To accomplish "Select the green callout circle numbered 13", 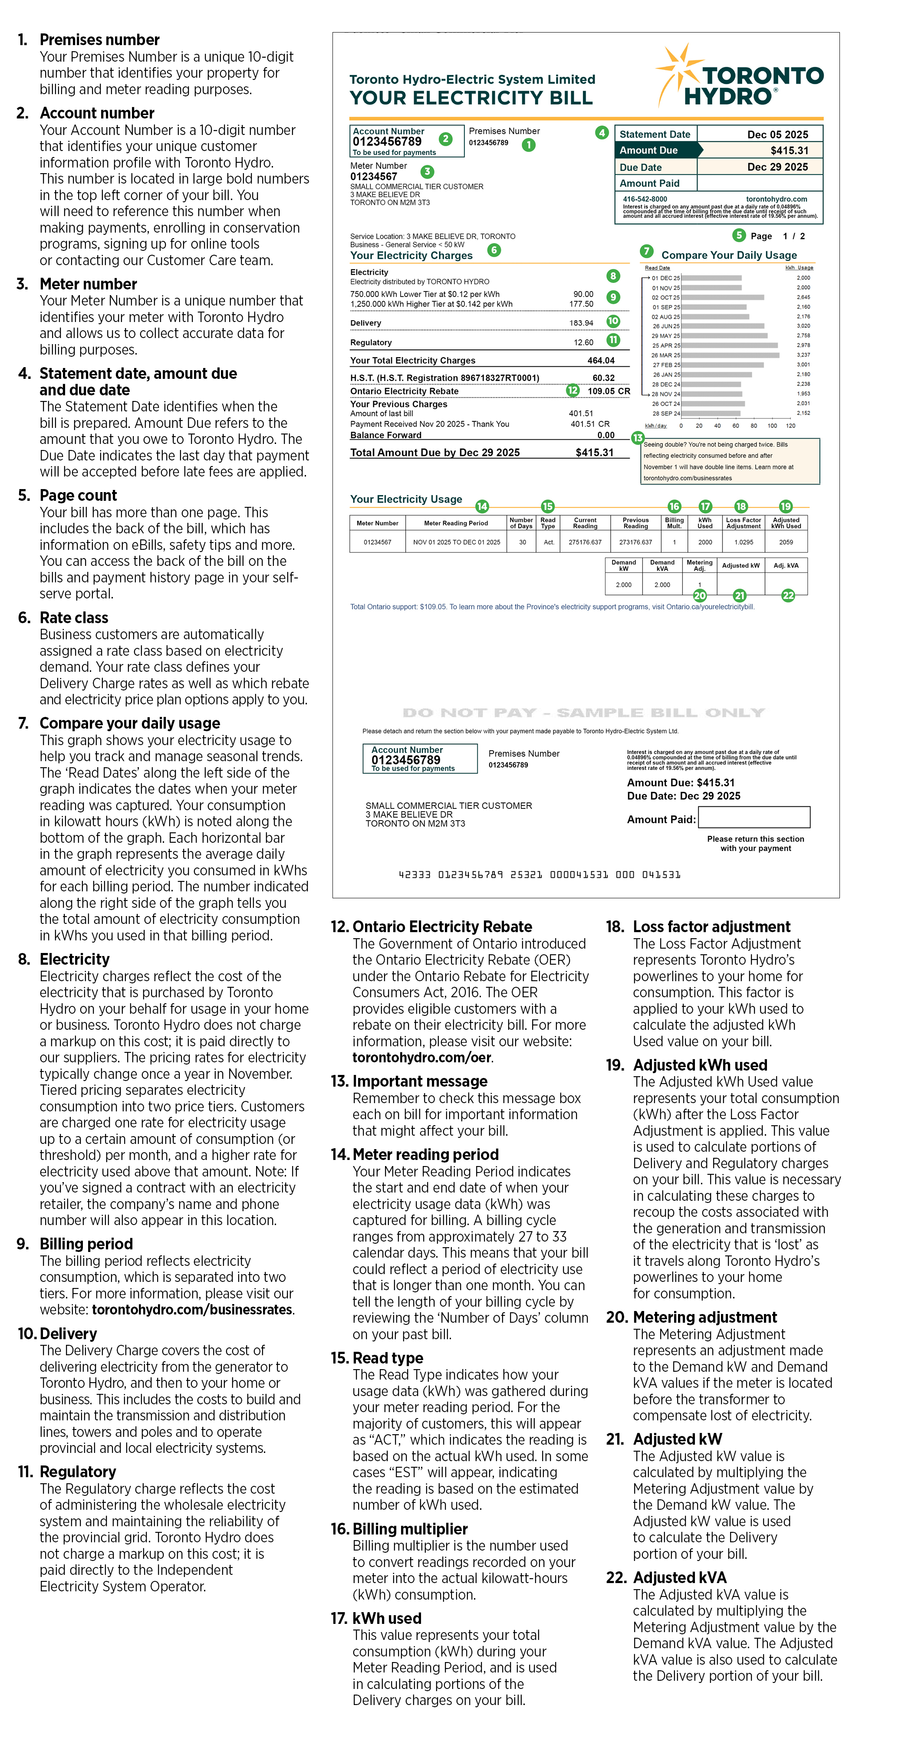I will pyautogui.click(x=637, y=438).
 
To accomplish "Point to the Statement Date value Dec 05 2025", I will pyautogui.click(x=777, y=134).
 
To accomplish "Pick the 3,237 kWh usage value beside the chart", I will pyautogui.click(x=803, y=355).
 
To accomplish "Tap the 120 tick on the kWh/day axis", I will pyautogui.click(x=790, y=426).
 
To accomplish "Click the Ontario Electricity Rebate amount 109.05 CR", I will pyautogui.click(x=608, y=391).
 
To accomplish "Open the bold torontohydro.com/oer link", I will pyautogui.click(x=422, y=1057).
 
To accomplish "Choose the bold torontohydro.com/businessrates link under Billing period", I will pyautogui.click(x=192, y=1310).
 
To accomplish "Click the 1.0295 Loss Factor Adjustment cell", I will pyautogui.click(x=743, y=542).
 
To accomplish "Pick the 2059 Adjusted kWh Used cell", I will pyautogui.click(x=786, y=542).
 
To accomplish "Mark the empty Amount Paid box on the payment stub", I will pyautogui.click(x=754, y=817).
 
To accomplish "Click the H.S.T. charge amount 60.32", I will pyautogui.click(x=603, y=378).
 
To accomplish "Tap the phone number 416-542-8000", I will pyautogui.click(x=645, y=199).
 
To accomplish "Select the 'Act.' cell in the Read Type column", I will pyautogui.click(x=549, y=542).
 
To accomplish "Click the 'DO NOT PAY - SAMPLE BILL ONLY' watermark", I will pyautogui.click(x=583, y=713).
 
